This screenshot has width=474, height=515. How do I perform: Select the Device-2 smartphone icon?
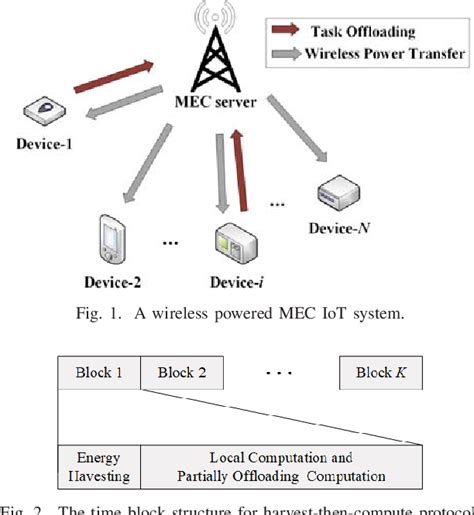pyautogui.click(x=110, y=236)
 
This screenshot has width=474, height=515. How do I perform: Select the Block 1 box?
pyautogui.click(x=100, y=373)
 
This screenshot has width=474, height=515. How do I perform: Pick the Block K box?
pyautogui.click(x=380, y=373)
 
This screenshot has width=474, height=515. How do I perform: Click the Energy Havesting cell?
pyautogui.click(x=100, y=467)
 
